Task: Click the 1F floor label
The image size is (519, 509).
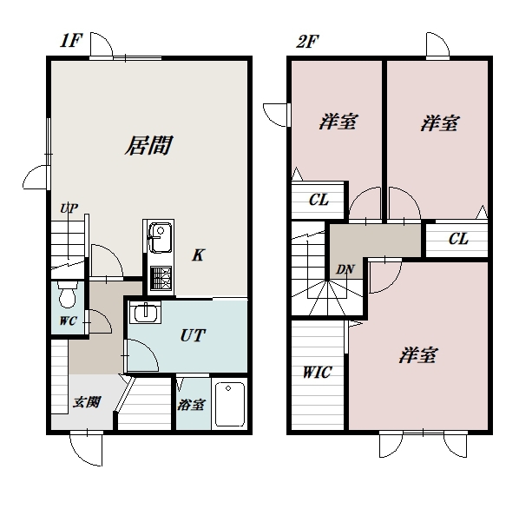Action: [71, 41]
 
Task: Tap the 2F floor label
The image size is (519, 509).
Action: [307, 42]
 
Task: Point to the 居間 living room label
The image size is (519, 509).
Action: [148, 145]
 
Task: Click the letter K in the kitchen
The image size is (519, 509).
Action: [198, 255]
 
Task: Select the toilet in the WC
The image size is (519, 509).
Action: [68, 294]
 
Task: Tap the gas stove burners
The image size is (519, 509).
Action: [161, 278]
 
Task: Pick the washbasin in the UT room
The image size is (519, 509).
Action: [145, 313]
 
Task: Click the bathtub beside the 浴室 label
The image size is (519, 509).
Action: [230, 405]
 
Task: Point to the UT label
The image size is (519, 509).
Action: [193, 335]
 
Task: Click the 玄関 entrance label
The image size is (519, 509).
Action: [87, 402]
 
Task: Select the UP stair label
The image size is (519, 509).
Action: [69, 208]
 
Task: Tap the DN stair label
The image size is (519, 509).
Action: [345, 270]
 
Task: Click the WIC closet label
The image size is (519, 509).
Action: [317, 373]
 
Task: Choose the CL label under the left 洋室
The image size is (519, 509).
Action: [319, 200]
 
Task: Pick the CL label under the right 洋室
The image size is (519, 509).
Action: [458, 239]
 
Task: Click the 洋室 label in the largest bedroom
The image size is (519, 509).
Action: [418, 355]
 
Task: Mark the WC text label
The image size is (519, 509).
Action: [69, 321]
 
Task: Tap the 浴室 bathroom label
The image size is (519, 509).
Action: [191, 405]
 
